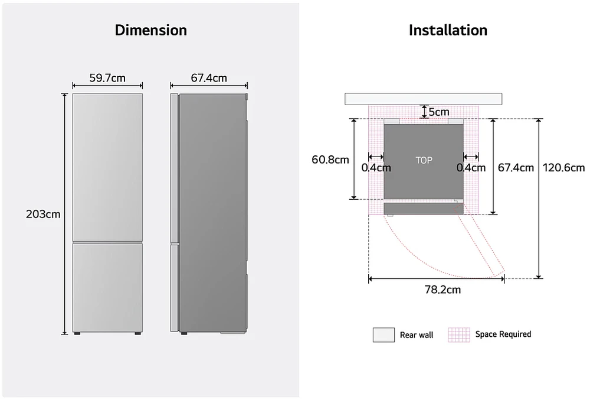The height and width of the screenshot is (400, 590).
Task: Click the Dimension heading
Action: click(x=150, y=30)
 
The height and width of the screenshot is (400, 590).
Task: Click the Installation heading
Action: click(x=448, y=30)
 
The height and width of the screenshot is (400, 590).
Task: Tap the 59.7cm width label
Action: click(x=107, y=78)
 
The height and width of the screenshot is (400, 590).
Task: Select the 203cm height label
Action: click(x=43, y=214)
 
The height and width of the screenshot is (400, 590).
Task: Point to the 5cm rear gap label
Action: click(x=439, y=112)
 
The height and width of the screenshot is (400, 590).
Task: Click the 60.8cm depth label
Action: click(x=330, y=160)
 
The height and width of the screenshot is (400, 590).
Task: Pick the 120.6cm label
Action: click(x=563, y=168)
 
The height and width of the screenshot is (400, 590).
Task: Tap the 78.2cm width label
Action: click(x=442, y=290)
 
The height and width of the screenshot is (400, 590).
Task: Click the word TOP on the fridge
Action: click(x=424, y=161)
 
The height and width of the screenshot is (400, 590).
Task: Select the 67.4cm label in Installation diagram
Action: click(x=516, y=168)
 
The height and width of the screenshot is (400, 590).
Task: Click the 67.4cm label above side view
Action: click(x=209, y=78)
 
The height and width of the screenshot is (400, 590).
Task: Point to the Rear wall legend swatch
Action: click(x=384, y=335)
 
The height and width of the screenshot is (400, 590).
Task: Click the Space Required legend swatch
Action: click(x=459, y=335)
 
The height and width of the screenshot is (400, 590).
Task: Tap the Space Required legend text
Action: click(x=503, y=334)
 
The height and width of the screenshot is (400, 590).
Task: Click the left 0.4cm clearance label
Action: click(x=376, y=168)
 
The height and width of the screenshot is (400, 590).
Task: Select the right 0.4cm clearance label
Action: click(x=471, y=168)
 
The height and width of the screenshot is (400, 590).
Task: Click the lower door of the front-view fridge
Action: click(x=107, y=287)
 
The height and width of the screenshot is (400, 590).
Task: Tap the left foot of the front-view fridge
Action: click(x=77, y=333)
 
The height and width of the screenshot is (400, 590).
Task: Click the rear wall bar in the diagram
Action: click(x=423, y=99)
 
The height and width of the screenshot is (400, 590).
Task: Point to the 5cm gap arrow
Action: click(x=424, y=112)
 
